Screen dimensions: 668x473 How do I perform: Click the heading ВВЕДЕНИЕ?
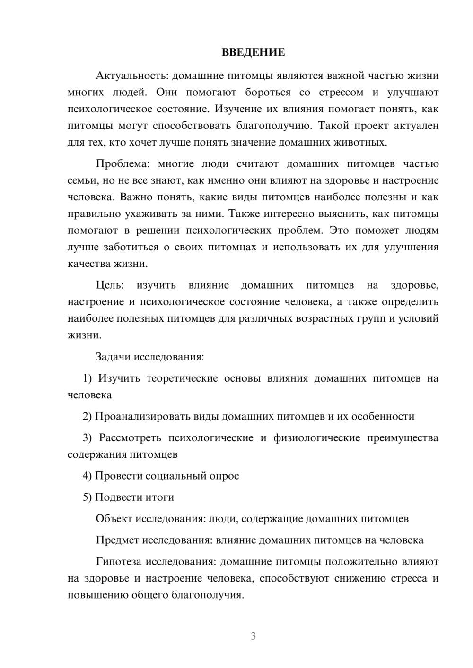[x=253, y=52]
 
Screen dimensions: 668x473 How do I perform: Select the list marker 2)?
[x=88, y=417]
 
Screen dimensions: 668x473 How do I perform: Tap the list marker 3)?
[x=88, y=438]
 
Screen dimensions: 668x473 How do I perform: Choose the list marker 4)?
[x=88, y=476]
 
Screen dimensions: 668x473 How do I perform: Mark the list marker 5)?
[x=88, y=497]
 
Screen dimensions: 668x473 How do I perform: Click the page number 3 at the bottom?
[x=253, y=636]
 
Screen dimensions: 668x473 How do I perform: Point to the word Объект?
[x=114, y=519]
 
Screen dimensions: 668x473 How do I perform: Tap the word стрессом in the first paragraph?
[x=341, y=92]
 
